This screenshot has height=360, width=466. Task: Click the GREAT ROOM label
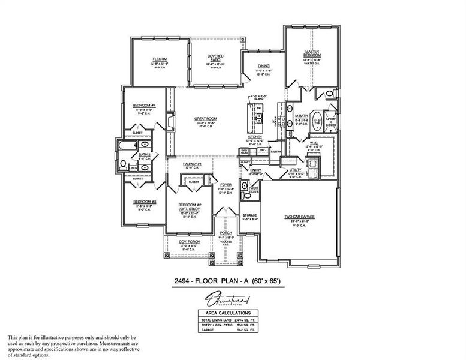point(206,119)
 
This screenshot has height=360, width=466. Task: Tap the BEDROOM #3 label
point(145,202)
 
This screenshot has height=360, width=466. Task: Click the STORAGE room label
point(249,215)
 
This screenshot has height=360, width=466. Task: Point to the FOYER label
point(226,185)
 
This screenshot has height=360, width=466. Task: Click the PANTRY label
point(275,151)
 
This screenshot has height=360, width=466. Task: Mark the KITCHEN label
point(255,137)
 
